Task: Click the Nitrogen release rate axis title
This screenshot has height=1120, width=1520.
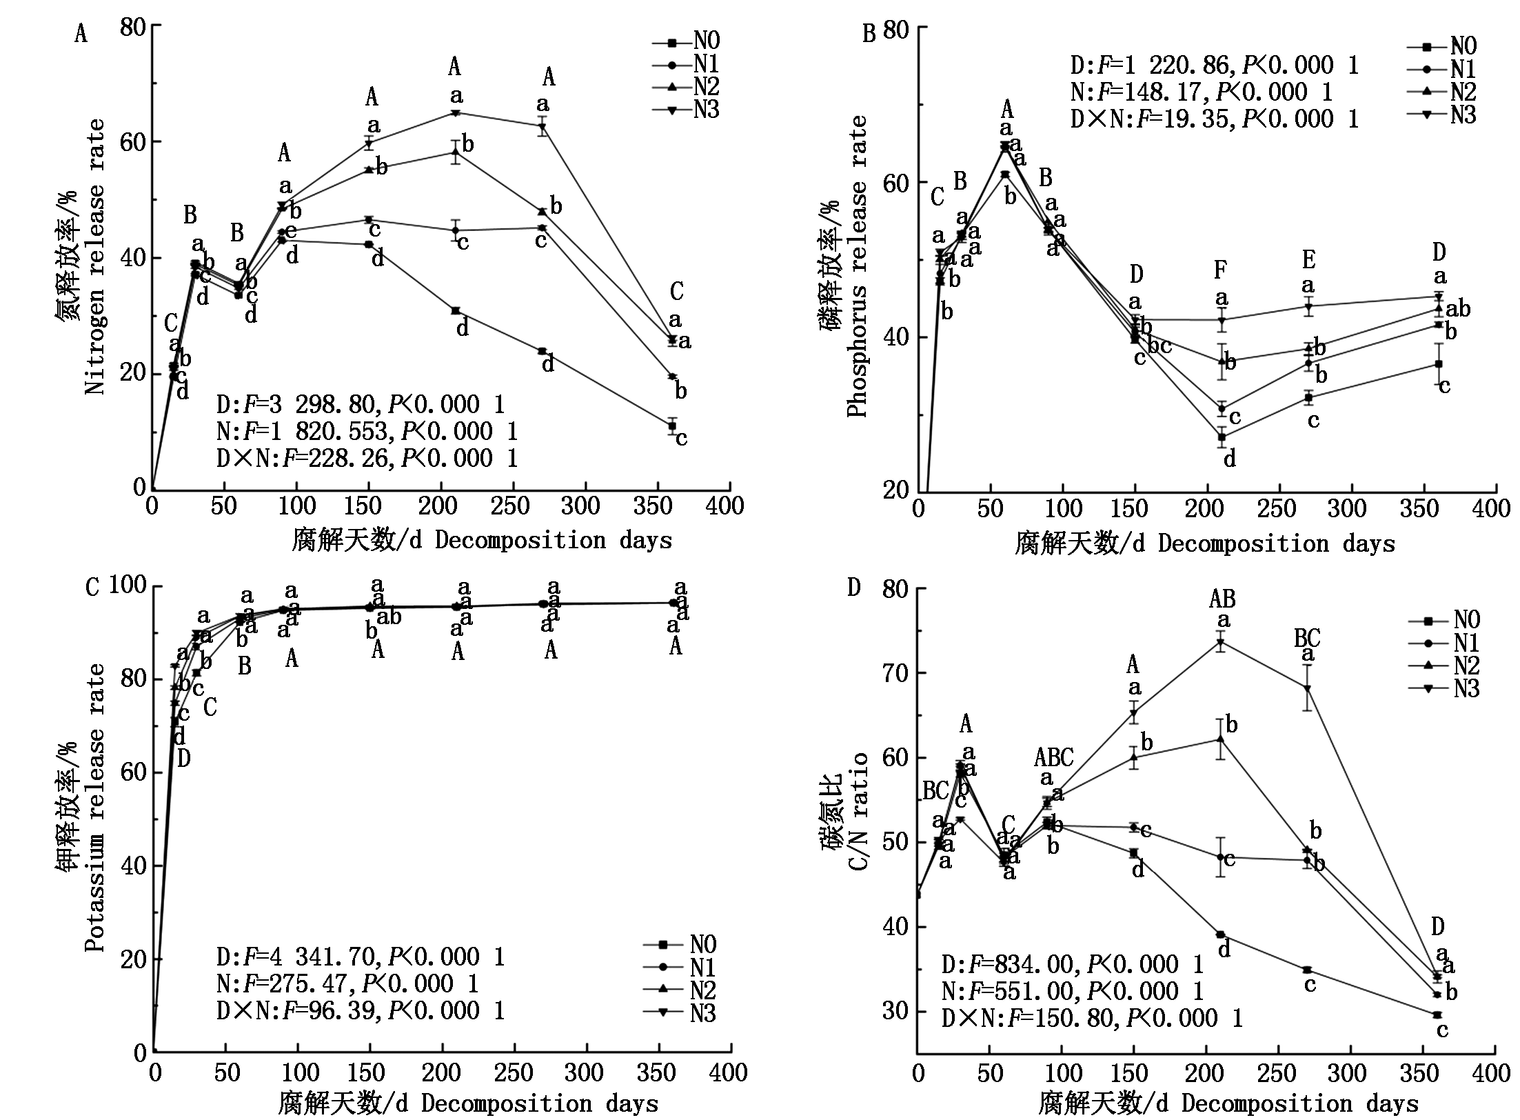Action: point(96,257)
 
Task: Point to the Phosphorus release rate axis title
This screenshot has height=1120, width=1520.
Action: point(858,266)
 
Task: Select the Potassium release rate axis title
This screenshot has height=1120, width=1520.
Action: point(96,807)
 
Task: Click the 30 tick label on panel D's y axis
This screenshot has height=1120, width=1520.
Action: point(895,1011)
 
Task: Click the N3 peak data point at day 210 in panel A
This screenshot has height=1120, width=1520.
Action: point(455,112)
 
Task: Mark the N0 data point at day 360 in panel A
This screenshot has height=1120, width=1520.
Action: point(672,427)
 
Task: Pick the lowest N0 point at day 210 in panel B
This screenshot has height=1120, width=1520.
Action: point(1222,437)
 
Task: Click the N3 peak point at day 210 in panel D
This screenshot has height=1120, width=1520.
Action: point(1220,642)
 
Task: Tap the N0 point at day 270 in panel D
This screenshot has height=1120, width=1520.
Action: point(1306,970)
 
